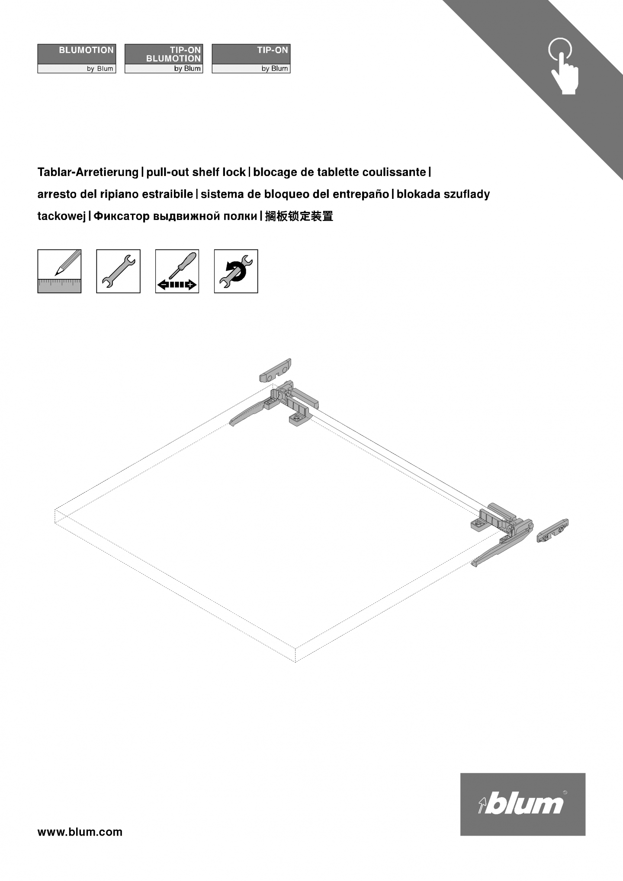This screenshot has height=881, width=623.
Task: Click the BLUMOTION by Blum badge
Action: (x=77, y=58)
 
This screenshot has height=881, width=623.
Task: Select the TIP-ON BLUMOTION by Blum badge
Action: (x=164, y=58)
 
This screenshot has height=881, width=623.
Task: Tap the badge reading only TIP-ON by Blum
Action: (x=251, y=58)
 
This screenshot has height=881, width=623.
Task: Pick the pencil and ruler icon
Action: (x=59, y=271)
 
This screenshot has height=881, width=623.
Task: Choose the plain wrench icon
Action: (x=118, y=271)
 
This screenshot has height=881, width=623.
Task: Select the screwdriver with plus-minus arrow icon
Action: (x=177, y=271)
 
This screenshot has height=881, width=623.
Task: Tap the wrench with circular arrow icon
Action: (x=236, y=271)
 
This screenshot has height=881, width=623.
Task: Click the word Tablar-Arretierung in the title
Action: (x=88, y=172)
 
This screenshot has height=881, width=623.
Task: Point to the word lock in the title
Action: (x=234, y=172)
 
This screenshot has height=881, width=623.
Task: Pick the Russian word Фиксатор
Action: (x=122, y=216)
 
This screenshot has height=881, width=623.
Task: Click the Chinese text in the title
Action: (x=299, y=216)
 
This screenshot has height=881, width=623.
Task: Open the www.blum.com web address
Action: (x=80, y=832)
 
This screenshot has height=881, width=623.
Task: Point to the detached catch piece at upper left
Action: (x=275, y=370)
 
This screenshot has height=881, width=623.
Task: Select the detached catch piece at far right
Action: (x=552, y=530)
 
